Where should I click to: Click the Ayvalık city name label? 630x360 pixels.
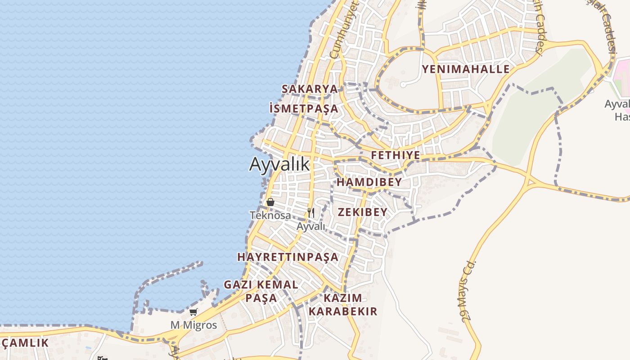click(x=279, y=164)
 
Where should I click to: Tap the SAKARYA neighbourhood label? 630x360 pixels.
click(x=310, y=89)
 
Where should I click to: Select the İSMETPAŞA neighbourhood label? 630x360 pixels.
click(x=303, y=108)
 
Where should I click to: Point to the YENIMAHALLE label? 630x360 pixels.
click(x=465, y=69)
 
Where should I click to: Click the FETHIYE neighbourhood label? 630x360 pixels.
click(x=396, y=156)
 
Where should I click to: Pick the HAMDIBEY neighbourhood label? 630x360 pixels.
click(x=369, y=182)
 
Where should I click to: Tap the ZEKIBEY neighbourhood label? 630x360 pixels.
click(x=362, y=212)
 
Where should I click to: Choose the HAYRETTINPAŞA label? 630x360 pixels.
click(x=288, y=257)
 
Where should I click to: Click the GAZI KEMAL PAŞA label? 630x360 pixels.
click(x=261, y=291)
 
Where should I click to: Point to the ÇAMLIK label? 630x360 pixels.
click(x=25, y=343)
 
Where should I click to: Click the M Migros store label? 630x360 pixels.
click(x=193, y=325)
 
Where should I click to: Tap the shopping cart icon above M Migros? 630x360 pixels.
click(x=193, y=312)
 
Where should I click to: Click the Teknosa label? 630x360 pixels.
click(x=270, y=216)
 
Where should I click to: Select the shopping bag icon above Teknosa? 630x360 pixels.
click(x=270, y=202)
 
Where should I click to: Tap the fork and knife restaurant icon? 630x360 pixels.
click(x=311, y=212)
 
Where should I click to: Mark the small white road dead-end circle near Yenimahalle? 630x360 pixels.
click(x=403, y=84)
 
